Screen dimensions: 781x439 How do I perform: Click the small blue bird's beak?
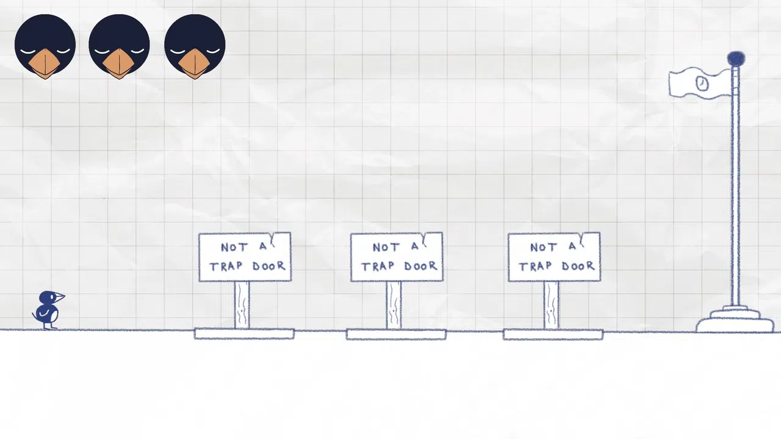[60, 297]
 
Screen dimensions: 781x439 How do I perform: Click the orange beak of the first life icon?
[45, 63]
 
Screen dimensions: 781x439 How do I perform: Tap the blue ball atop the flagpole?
[736, 59]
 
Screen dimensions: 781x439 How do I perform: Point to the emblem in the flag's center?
[702, 84]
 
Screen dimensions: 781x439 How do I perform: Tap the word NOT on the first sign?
[234, 248]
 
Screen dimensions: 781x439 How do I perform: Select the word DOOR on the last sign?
[578, 266]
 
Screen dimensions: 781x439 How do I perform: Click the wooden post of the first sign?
[242, 305]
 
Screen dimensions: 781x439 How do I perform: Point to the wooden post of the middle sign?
[394, 305]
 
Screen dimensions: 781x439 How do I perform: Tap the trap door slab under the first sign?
[244, 334]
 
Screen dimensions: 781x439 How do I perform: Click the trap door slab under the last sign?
[553, 334]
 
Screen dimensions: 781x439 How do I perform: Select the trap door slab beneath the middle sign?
[396, 334]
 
